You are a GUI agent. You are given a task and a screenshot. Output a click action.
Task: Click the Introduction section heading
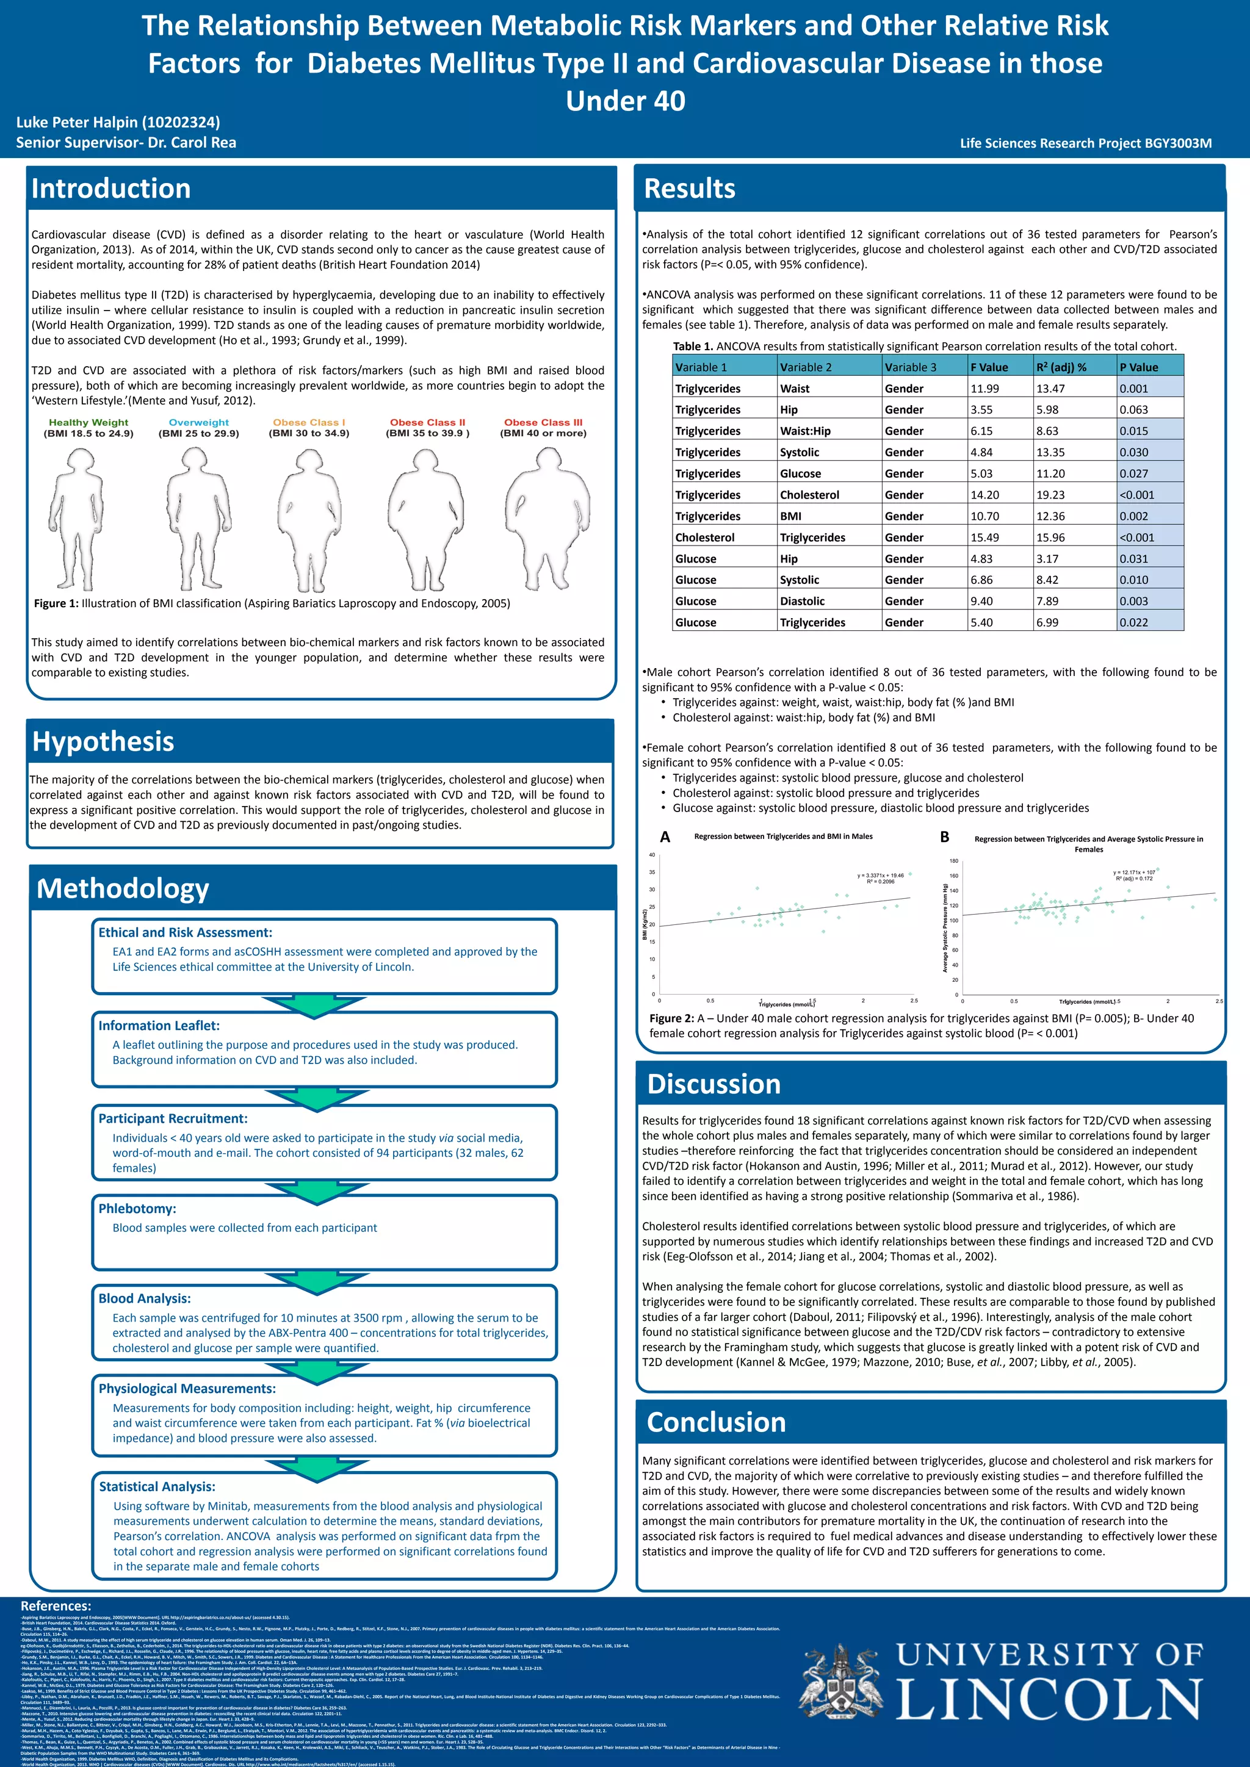[111, 189]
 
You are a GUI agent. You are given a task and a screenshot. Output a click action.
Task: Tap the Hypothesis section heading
[103, 741]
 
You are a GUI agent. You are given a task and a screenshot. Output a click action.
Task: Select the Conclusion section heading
[716, 1422]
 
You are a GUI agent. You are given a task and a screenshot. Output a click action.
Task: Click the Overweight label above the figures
[198, 422]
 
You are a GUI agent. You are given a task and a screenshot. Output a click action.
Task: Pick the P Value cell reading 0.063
[1134, 409]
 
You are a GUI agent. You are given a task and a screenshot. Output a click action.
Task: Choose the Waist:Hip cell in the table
[805, 431]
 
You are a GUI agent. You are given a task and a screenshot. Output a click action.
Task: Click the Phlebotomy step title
[137, 1208]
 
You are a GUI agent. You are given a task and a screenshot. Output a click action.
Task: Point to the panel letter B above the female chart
[944, 837]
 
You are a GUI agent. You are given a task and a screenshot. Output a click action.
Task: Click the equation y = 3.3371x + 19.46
[881, 875]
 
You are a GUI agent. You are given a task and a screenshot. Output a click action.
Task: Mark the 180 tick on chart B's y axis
[953, 861]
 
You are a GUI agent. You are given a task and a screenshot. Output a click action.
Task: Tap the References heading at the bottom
[56, 1605]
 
